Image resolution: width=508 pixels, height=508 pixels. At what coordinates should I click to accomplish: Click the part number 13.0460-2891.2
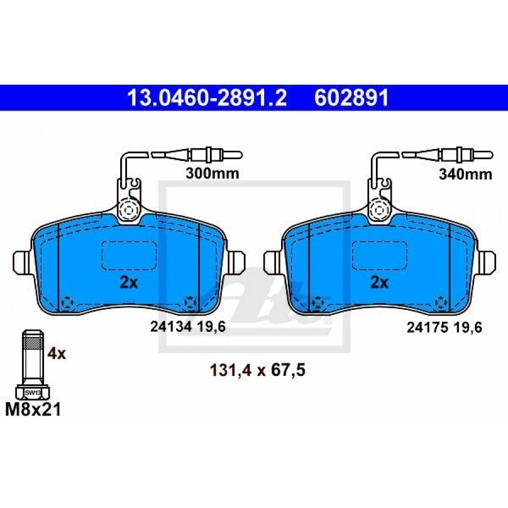[207, 98]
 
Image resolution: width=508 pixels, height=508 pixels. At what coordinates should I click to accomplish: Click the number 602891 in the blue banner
[352, 98]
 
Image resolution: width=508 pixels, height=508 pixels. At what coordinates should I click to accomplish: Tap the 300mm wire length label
[212, 173]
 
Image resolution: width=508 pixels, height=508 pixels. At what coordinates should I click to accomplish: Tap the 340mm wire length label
[466, 174]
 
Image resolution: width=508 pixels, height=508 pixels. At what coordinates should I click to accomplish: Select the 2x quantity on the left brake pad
[129, 283]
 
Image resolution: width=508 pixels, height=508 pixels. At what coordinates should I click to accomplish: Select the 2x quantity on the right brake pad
[379, 283]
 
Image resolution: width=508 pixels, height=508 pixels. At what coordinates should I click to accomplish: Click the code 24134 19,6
[187, 327]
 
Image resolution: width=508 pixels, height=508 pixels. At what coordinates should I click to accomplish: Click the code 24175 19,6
[445, 327]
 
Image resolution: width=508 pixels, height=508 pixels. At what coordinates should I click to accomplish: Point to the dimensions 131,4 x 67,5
[258, 370]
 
